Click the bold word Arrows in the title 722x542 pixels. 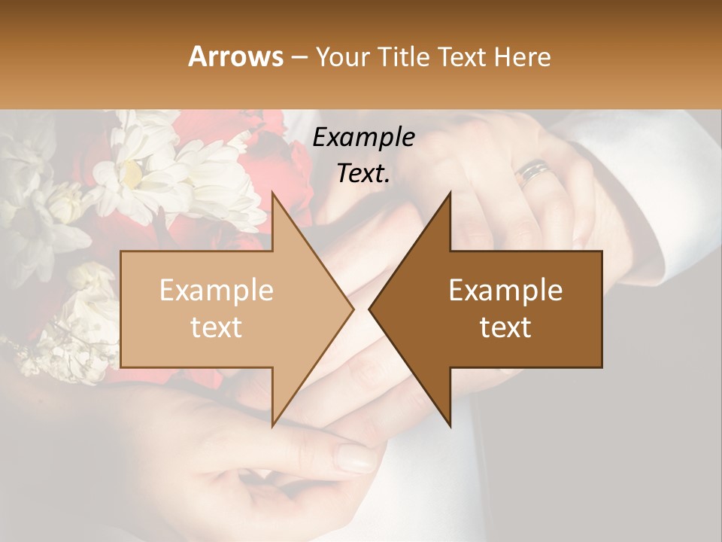[235, 56]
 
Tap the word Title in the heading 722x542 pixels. [403, 56]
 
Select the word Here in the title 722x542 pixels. [523, 56]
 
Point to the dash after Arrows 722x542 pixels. [299, 57]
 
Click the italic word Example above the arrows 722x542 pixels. [363, 138]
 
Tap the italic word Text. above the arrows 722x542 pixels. [363, 173]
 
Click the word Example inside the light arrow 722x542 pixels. [217, 290]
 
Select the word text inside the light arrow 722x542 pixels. [217, 327]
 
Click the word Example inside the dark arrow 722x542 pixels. [505, 290]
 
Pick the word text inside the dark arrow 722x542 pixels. [505, 327]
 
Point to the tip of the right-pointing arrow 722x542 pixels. [353, 309]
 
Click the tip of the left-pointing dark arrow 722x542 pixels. [369, 309]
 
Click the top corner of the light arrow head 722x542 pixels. [272, 193]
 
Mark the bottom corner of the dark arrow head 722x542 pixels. [450, 426]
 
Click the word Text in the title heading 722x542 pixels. [463, 56]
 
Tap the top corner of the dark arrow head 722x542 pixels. [450, 193]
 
